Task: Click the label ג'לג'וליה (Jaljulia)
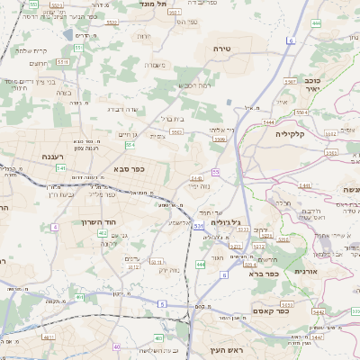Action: click(x=226, y=221)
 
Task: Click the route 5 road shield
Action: click(x=162, y=304)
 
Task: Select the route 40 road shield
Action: click(x=117, y=346)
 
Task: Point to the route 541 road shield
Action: click(x=61, y=168)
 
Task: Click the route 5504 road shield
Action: click(x=302, y=112)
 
